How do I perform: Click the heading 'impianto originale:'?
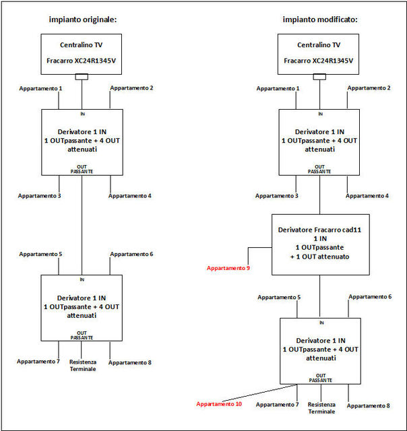83,20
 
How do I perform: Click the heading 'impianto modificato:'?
320,20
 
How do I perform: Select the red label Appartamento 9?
228,268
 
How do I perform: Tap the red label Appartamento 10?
219,404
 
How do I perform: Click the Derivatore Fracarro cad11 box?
320,244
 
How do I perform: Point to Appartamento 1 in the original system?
40,88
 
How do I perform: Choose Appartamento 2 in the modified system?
369,88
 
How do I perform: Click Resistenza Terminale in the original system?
83,365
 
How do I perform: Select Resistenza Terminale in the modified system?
321,408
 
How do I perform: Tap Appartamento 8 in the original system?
130,362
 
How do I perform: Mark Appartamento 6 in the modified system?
370,297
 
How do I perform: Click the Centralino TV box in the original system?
82,54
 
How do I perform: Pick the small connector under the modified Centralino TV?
319,77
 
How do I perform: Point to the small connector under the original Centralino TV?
82,77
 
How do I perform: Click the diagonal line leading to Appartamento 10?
259,393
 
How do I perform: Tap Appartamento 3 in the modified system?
277,196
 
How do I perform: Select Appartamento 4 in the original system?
130,196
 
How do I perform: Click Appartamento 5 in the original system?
40,255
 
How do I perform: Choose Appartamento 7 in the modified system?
277,405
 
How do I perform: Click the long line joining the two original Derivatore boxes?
82,225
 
